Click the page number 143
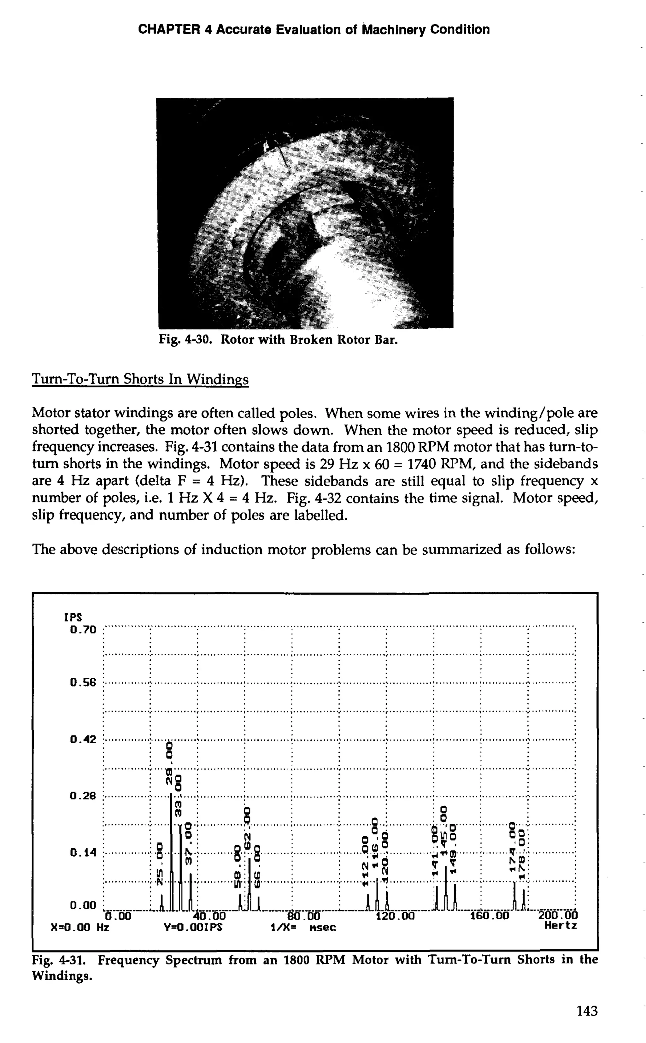(x=587, y=1011)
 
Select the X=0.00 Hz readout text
(x=80, y=927)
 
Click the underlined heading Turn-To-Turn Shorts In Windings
(x=140, y=379)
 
